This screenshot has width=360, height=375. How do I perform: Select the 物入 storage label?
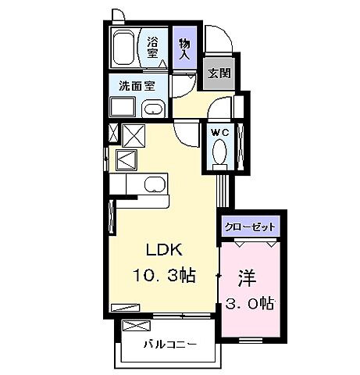[x=184, y=51]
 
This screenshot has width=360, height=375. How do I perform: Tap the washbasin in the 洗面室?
[x=153, y=107]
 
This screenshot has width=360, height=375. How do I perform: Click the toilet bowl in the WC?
[x=219, y=150]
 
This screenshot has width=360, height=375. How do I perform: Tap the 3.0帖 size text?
[x=250, y=301]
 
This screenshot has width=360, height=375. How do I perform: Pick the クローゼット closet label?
[x=250, y=227]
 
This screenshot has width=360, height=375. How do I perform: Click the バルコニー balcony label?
[x=169, y=344]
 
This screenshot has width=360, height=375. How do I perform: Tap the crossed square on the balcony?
[x=134, y=325]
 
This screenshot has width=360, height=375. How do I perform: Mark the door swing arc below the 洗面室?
[x=186, y=133]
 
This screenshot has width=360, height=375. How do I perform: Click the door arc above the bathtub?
[x=117, y=17]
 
